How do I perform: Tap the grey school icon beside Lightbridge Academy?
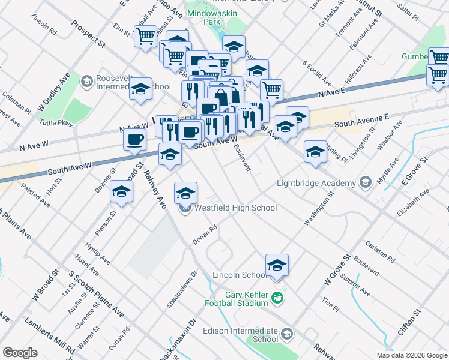tap(366, 182)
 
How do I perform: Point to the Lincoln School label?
tap(240, 275)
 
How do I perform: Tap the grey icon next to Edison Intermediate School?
tap(287, 334)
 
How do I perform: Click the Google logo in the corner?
tap(20, 352)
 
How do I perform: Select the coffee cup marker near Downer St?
tap(134, 140)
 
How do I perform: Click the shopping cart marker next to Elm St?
tap(145, 37)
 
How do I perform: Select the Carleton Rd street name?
tap(380, 252)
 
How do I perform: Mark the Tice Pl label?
tap(331, 304)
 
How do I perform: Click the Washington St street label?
tap(319, 209)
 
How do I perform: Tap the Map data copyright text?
tap(411, 355)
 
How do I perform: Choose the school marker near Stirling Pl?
tap(315, 152)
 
